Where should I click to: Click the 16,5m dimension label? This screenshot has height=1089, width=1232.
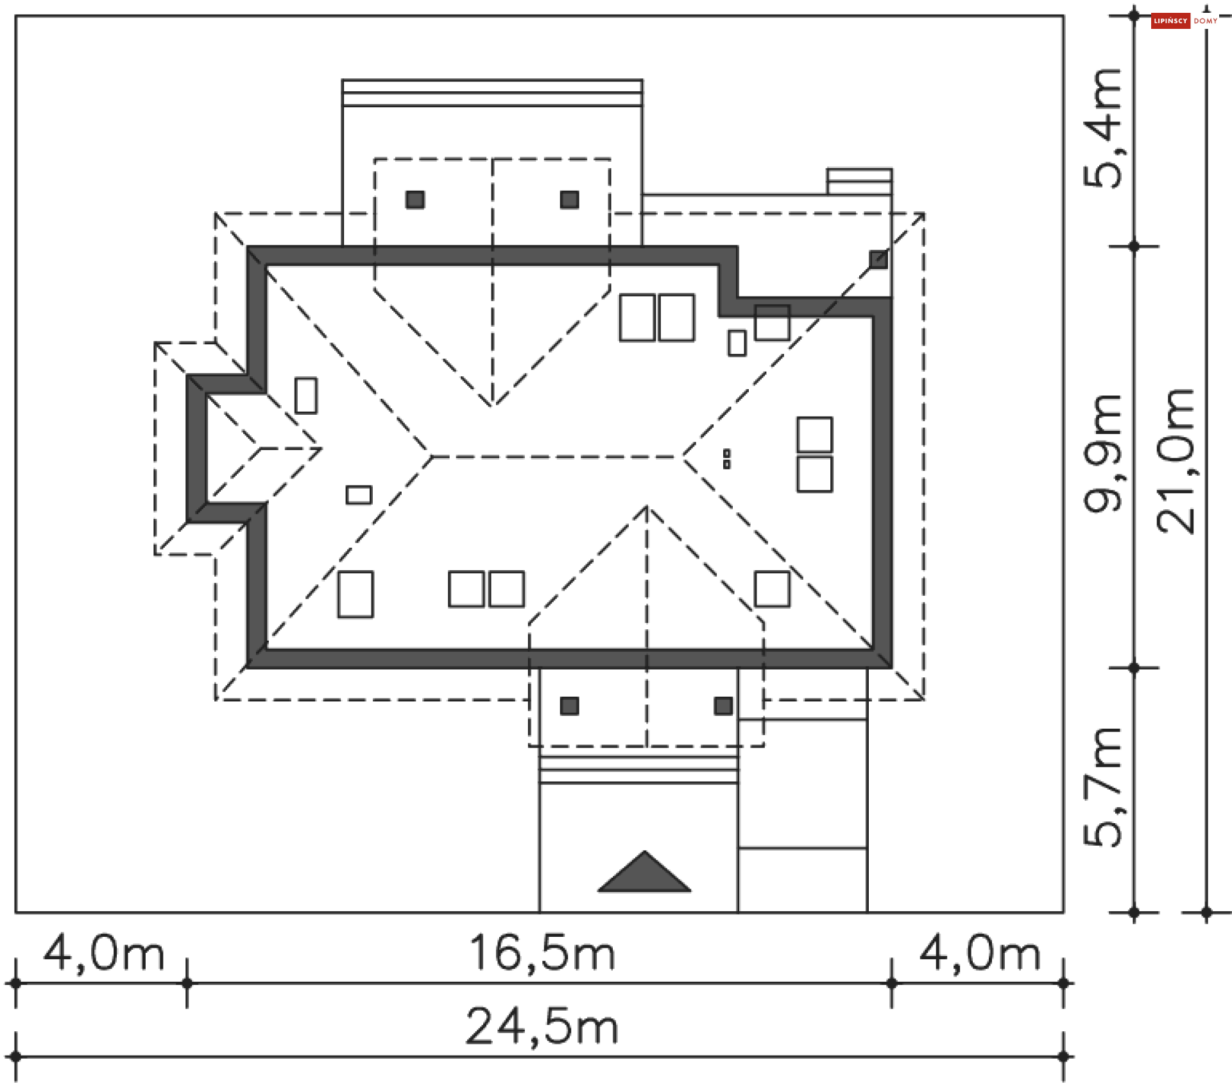click(542, 953)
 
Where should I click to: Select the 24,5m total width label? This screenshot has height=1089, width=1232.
click(542, 1027)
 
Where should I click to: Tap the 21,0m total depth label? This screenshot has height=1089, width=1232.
click(1176, 460)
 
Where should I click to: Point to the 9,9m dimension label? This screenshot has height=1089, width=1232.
click(1104, 453)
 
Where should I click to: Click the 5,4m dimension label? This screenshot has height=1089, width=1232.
click(1104, 128)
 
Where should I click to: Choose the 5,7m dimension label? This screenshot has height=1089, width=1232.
click(1104, 787)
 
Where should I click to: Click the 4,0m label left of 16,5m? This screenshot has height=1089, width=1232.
click(104, 953)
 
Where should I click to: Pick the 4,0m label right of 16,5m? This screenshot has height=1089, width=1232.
click(980, 953)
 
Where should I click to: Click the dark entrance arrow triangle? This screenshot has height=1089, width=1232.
click(644, 873)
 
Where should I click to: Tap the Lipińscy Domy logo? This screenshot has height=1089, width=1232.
click(1184, 21)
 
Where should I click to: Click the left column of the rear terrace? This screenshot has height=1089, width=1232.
click(415, 200)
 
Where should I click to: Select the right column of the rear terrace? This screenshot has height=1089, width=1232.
click(569, 200)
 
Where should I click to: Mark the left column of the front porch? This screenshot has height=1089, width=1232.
click(569, 706)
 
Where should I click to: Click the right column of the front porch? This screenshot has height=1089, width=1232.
click(723, 706)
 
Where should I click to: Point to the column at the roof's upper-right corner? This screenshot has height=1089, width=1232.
click(878, 260)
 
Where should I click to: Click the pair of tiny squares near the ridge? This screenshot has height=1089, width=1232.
click(726, 458)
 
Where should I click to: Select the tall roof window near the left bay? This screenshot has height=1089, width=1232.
click(306, 396)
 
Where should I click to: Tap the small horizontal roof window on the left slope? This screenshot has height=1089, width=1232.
click(359, 494)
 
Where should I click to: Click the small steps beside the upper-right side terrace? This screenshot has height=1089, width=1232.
click(859, 181)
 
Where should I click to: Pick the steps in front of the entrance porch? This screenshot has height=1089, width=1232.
click(638, 769)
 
